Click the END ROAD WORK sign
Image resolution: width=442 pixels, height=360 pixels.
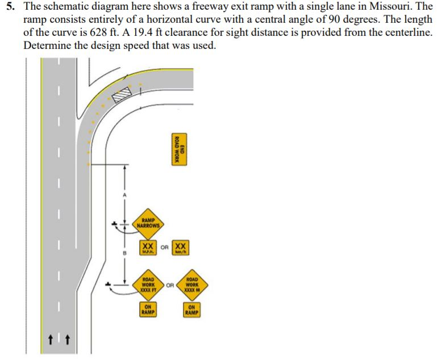(x=177, y=149)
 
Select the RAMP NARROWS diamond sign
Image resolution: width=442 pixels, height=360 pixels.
(x=149, y=223)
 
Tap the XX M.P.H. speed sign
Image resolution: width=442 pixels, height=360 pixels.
(x=148, y=248)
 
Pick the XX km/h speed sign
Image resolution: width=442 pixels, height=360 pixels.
(x=180, y=248)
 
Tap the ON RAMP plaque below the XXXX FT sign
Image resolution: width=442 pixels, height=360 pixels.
(x=149, y=309)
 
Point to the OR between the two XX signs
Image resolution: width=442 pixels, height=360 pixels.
(x=164, y=248)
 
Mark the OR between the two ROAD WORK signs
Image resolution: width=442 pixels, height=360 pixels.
(x=170, y=283)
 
